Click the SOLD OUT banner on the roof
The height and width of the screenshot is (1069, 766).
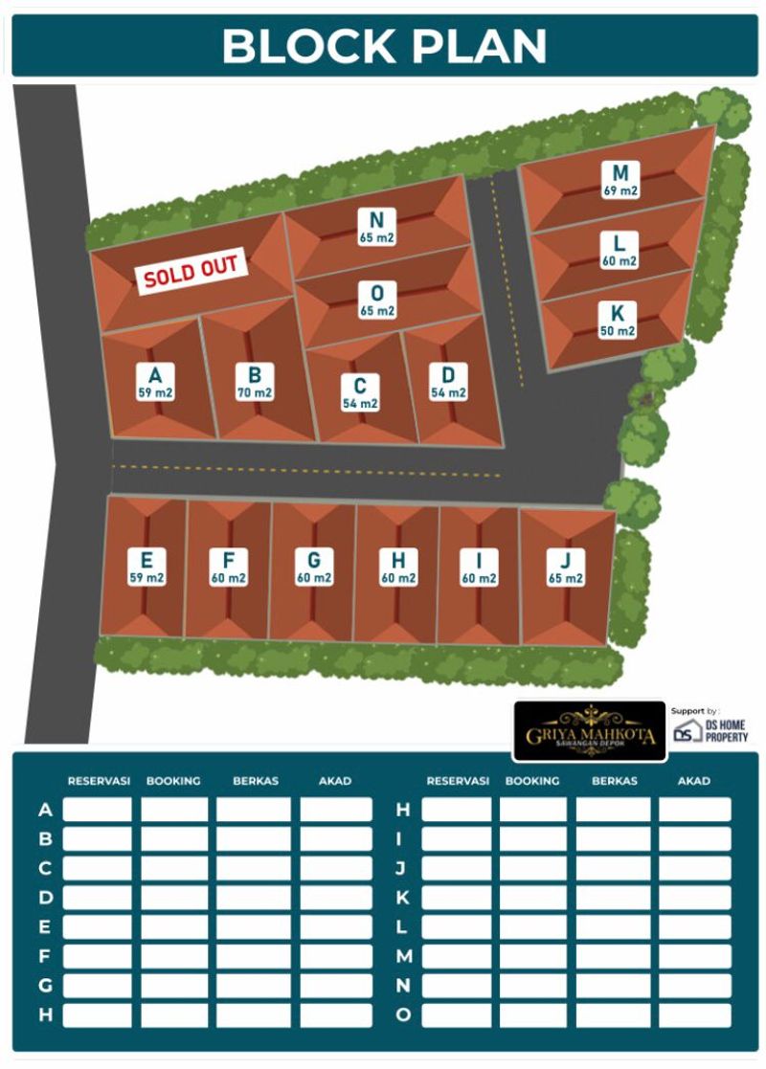pyautogui.click(x=191, y=271)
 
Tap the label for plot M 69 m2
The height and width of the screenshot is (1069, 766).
pyautogui.click(x=620, y=180)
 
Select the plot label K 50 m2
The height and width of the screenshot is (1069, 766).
pyautogui.click(x=618, y=320)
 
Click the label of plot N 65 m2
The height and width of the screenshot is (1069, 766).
pyautogui.click(x=377, y=226)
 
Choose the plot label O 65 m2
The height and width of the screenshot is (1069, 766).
pyautogui.click(x=377, y=299)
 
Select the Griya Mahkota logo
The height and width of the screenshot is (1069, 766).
pyautogui.click(x=590, y=731)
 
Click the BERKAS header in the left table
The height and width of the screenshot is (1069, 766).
pyautogui.click(x=255, y=781)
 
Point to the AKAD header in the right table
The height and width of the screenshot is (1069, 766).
pyautogui.click(x=693, y=781)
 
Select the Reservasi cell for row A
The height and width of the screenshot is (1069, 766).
pyautogui.click(x=98, y=810)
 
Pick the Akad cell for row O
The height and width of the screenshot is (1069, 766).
pyautogui.click(x=694, y=1014)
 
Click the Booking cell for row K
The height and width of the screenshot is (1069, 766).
pyautogui.click(x=532, y=898)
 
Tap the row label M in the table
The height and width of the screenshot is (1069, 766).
pyautogui.click(x=403, y=956)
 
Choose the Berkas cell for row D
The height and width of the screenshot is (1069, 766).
pyautogui.click(x=253, y=898)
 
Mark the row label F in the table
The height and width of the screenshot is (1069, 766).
pyautogui.click(x=45, y=956)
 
